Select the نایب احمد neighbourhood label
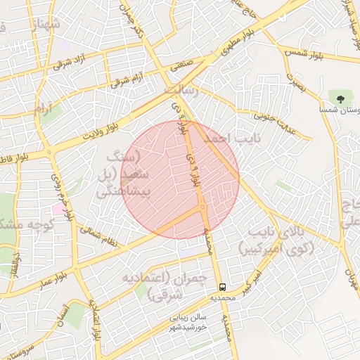232,139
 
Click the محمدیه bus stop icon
222,287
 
